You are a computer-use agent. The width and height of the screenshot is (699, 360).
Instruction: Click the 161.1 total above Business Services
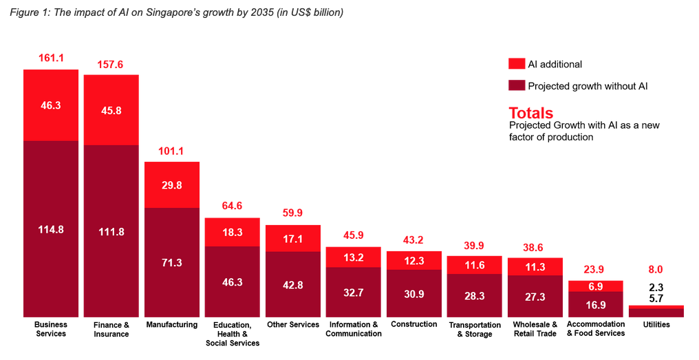[x=52, y=59]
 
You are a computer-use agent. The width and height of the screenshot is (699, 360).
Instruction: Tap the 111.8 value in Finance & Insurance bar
[x=111, y=231]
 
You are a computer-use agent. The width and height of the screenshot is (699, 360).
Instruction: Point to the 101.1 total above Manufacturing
[x=172, y=151]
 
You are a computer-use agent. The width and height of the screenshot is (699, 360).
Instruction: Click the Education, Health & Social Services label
[x=233, y=333]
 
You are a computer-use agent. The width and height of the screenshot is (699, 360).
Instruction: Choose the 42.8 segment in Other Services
[x=293, y=284]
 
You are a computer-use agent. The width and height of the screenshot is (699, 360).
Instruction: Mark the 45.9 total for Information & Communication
[x=354, y=235]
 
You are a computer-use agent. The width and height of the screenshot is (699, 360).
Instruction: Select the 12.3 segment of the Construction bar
[x=414, y=261]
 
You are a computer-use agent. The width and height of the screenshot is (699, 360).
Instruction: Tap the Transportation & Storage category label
[x=475, y=329]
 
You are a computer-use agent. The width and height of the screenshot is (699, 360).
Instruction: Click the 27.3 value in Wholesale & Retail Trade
[x=535, y=296]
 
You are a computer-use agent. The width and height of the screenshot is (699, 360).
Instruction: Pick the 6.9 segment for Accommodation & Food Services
[x=596, y=286]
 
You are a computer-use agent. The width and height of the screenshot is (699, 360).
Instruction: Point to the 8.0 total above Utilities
[x=656, y=270]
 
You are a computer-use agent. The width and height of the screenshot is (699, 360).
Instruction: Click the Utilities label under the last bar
[x=656, y=324]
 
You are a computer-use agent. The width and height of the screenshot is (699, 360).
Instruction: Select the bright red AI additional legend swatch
[x=517, y=64]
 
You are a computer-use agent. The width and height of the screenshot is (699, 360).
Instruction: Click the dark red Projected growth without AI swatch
[x=517, y=86]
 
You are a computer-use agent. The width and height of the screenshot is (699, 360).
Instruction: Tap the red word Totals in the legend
[x=530, y=113]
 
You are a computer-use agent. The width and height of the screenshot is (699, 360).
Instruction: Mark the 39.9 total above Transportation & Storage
[x=475, y=246]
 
